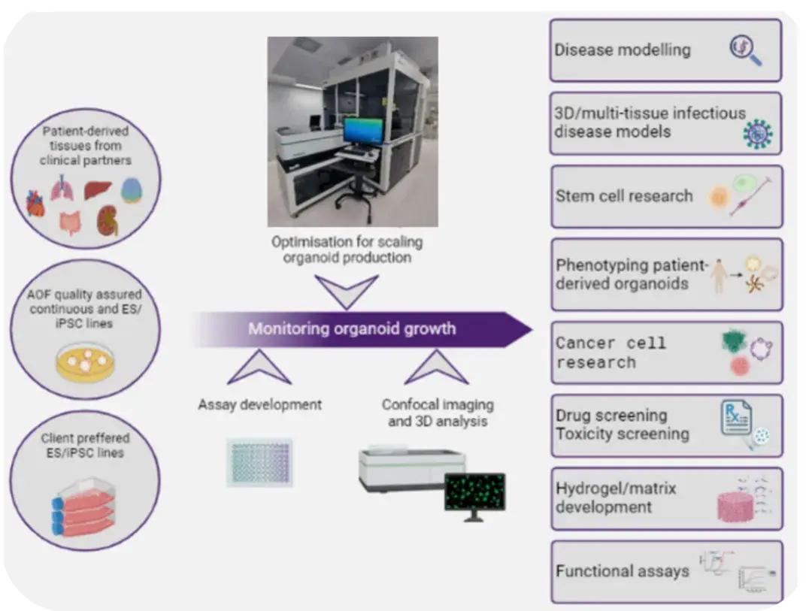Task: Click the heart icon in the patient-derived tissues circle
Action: [x=35, y=203]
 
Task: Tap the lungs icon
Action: [x=62, y=188]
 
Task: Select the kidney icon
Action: [x=108, y=220]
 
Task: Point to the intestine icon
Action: [x=71, y=222]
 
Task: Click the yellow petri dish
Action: [x=85, y=362]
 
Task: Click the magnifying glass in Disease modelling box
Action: [x=745, y=50]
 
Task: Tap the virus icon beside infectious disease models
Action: [x=758, y=134]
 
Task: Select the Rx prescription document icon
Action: [x=736, y=418]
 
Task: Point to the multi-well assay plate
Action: [x=259, y=462]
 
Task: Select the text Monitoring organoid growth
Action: [x=352, y=329]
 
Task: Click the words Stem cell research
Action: [x=624, y=196]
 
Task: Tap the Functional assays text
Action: [x=623, y=571]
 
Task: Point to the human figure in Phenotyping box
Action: [x=718, y=276]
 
